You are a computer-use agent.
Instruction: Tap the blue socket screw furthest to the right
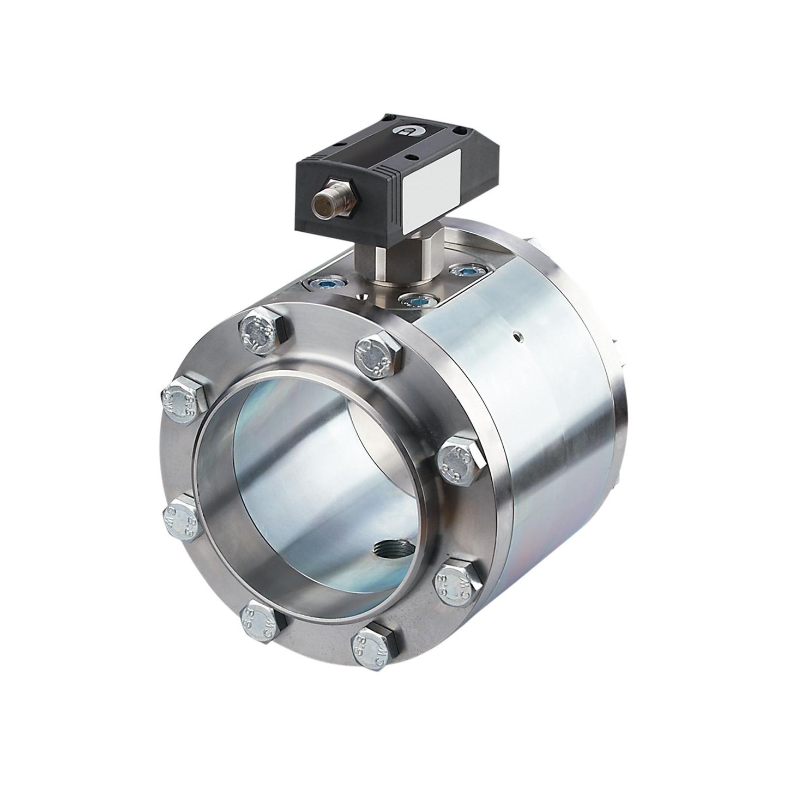465,269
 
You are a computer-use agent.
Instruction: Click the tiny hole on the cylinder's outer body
518,336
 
